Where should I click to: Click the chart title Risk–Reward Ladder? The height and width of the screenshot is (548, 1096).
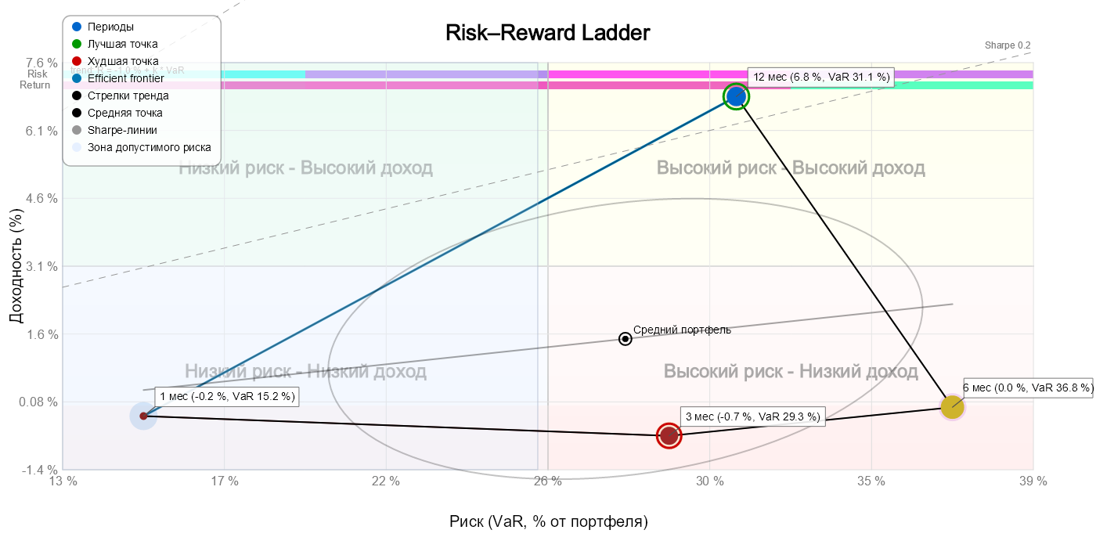[x=548, y=34]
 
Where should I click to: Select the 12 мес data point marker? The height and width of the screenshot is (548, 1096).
[x=736, y=96]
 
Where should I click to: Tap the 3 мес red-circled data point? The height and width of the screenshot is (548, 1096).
[x=669, y=435]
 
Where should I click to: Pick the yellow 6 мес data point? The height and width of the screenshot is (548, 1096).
[x=952, y=407]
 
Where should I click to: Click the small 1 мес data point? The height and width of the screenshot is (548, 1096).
[x=143, y=416]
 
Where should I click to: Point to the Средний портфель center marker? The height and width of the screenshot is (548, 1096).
[x=626, y=339]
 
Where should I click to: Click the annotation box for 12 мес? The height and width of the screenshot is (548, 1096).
[x=821, y=77]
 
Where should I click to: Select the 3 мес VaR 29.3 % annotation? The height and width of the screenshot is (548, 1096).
[x=752, y=417]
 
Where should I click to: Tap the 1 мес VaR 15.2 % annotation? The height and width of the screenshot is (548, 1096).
[x=227, y=397]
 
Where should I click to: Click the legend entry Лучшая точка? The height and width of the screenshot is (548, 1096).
[x=122, y=44]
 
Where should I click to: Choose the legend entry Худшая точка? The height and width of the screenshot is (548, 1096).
[x=123, y=61]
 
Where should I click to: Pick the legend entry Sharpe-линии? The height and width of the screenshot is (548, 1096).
[x=122, y=130]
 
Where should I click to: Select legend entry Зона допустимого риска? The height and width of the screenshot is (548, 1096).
[x=149, y=147]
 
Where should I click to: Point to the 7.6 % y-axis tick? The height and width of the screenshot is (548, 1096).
[x=42, y=63]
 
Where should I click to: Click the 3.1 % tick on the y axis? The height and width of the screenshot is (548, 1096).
[x=42, y=266]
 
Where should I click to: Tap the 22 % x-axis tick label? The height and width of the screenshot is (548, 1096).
[x=386, y=481]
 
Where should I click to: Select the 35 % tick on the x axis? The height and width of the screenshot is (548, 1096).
[x=871, y=481]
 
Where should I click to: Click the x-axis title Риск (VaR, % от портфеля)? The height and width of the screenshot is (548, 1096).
[x=548, y=521]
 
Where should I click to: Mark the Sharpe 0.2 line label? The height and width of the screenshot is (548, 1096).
[x=1008, y=45]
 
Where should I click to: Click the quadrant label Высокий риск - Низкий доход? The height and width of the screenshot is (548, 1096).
[x=791, y=371]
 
